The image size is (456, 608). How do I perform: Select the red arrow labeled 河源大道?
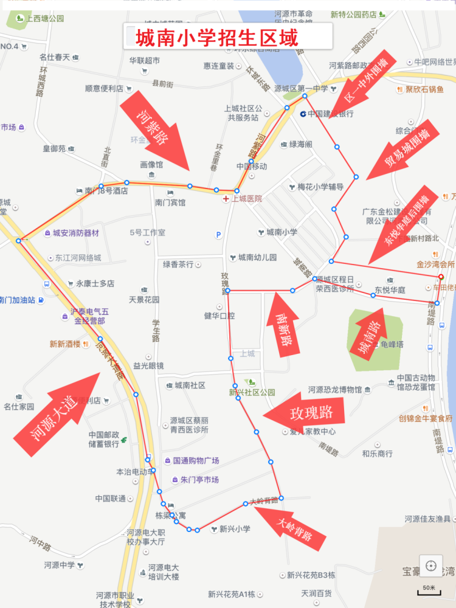[58, 413]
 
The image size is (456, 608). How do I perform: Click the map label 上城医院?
[244, 199]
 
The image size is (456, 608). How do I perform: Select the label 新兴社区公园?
[252, 393]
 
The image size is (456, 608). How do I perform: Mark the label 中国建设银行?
[328, 114]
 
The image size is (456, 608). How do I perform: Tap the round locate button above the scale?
[431, 566]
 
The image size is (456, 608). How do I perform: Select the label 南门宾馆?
[170, 202]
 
